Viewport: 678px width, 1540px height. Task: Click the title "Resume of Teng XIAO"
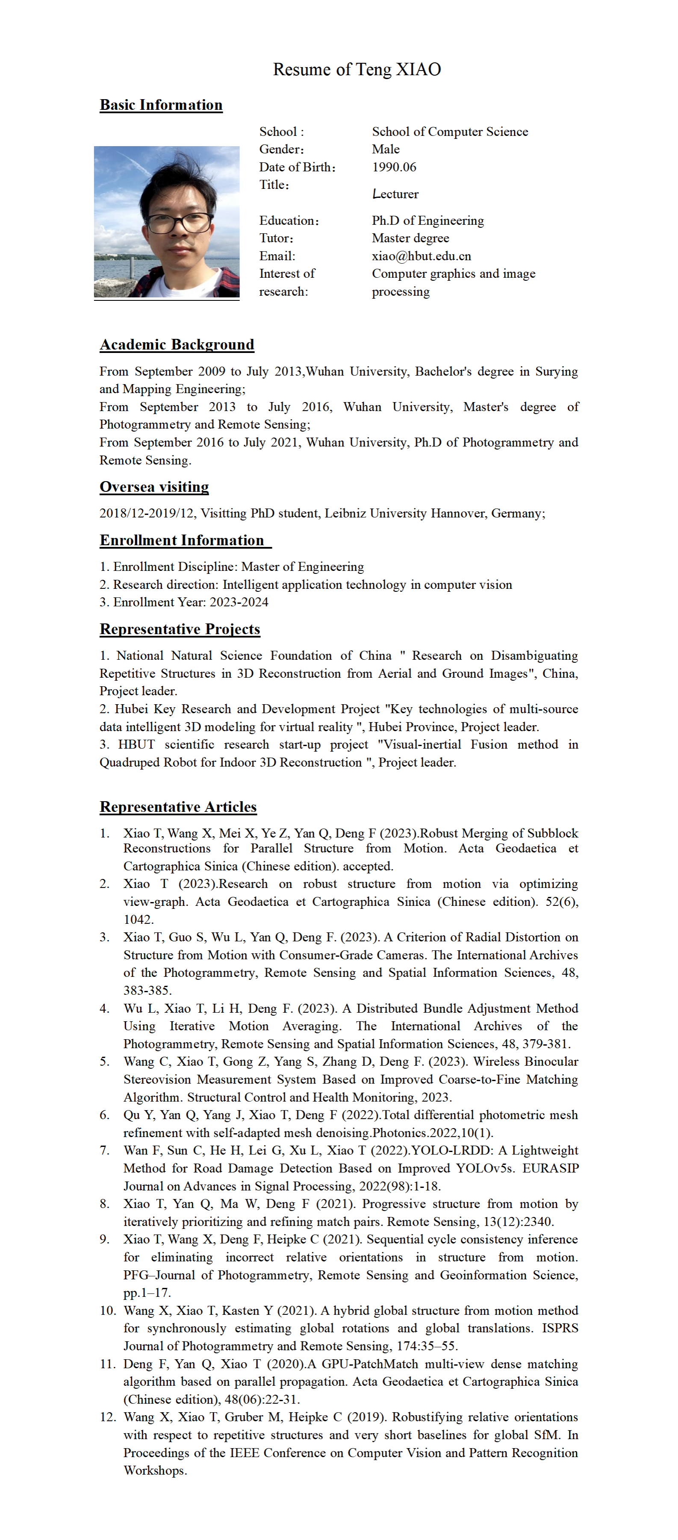pos(357,69)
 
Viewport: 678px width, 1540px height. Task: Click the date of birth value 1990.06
pos(394,168)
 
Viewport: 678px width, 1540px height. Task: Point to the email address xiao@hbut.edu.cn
pos(422,256)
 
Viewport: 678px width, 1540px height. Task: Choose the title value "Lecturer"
pos(395,194)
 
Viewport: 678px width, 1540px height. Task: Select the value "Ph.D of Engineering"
pos(427,220)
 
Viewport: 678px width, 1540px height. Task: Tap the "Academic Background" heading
pos(177,345)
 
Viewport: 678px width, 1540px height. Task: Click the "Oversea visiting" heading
pos(154,487)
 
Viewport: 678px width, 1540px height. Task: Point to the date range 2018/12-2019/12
pos(147,514)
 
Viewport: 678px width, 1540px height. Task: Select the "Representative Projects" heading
pos(180,629)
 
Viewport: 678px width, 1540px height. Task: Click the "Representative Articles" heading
pos(178,807)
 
